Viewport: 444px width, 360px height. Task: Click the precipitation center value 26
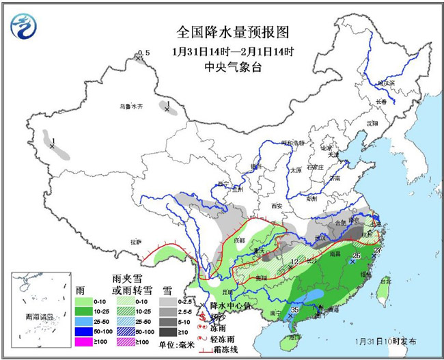click(x=356, y=255)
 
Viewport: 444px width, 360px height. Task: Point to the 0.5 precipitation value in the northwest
click(x=143, y=53)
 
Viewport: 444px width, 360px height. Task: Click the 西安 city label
click(x=276, y=206)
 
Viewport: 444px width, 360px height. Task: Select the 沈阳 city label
click(x=372, y=124)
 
